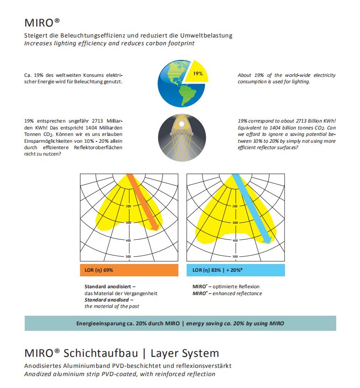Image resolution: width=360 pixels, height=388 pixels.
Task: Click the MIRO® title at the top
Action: [42, 22]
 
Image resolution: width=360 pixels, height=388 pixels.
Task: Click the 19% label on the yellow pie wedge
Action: [198, 74]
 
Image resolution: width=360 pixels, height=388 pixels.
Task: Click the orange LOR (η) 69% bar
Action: [129, 270]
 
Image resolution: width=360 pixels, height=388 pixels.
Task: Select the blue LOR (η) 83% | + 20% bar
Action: [235, 270]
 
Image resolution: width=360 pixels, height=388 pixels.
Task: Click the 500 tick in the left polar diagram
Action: [129, 256]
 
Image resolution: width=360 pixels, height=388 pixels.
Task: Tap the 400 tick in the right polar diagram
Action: [235, 240]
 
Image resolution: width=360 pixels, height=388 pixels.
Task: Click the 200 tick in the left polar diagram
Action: [129, 206]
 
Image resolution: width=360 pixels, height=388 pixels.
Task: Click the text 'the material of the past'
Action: [112, 306]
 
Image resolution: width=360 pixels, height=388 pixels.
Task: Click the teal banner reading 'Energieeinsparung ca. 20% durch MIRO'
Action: [180, 323]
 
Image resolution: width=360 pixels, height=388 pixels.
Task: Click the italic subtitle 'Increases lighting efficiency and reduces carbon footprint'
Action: [109, 43]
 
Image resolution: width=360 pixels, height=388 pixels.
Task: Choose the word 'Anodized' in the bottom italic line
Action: [39, 374]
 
